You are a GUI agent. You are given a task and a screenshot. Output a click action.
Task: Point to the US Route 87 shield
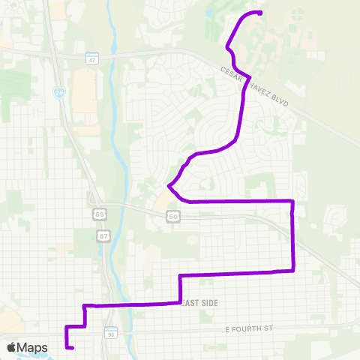click(x=103, y=235)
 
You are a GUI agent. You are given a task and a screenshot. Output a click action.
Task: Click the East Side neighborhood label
click(x=198, y=302)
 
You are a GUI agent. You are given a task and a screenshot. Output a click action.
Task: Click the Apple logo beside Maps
click(x=12, y=348)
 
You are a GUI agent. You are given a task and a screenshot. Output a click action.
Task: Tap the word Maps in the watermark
click(x=32, y=348)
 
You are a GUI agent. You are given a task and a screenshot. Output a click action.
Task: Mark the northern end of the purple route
click(x=259, y=12)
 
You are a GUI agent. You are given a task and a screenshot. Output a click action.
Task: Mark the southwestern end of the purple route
click(x=73, y=347)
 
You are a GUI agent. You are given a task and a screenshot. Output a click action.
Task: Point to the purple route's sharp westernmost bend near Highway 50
click(x=169, y=185)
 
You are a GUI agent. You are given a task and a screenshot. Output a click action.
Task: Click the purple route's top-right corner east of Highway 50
click(x=292, y=201)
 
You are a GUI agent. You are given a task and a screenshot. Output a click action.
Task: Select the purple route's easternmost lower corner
click(x=292, y=270)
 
